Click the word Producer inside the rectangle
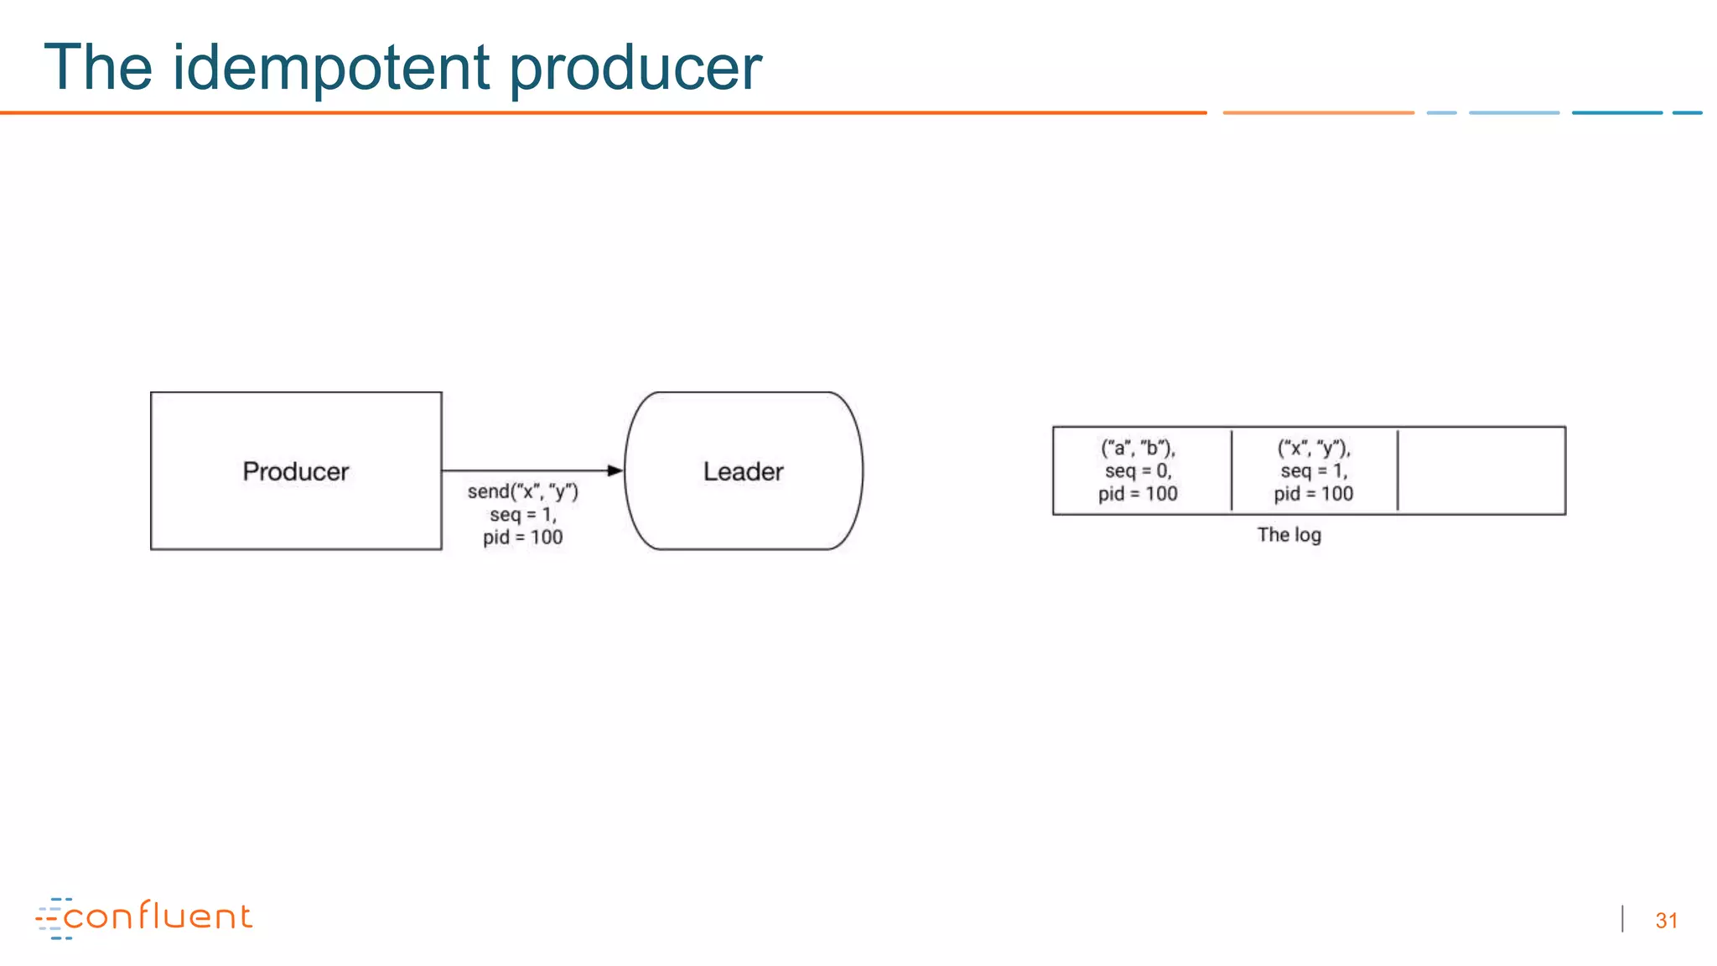(x=295, y=471)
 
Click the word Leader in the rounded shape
(x=743, y=471)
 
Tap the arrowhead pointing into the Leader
(x=615, y=470)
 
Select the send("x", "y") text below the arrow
(x=522, y=491)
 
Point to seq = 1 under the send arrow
(x=522, y=514)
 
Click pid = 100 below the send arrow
(x=522, y=538)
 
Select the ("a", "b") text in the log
(x=1138, y=448)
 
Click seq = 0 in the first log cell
(x=1138, y=470)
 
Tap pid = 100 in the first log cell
(x=1138, y=494)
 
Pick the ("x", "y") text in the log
(x=1313, y=448)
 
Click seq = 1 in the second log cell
(x=1313, y=470)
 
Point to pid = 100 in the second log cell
(x=1313, y=494)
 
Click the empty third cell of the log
(x=1481, y=470)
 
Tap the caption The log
(x=1289, y=535)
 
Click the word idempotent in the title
(x=330, y=67)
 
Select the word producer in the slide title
(x=635, y=69)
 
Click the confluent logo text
(x=158, y=917)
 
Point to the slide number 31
(x=1666, y=921)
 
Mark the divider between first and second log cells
(x=1232, y=470)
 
